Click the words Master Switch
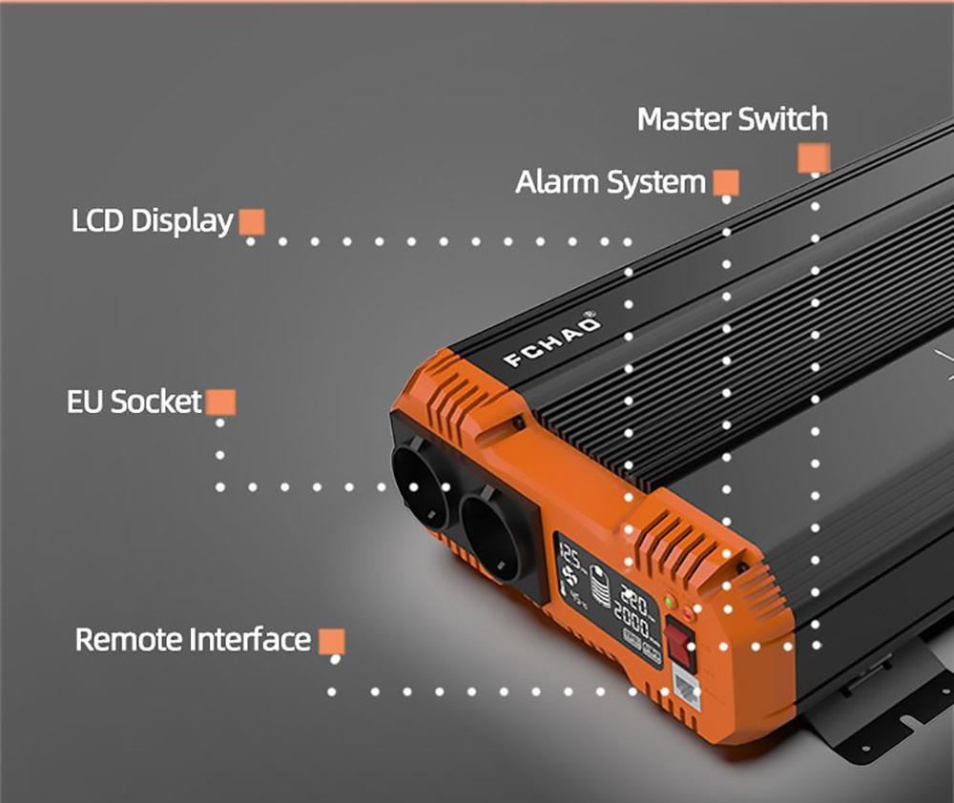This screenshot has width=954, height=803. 732,120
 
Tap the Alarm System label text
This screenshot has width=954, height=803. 611,181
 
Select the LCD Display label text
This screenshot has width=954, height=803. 152,221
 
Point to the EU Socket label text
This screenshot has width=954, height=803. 135,401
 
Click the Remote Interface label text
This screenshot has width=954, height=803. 193,639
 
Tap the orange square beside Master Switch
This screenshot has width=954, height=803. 814,157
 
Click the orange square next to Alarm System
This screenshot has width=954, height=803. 726,182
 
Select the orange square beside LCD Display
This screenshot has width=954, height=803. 252,222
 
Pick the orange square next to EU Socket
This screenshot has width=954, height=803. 220,402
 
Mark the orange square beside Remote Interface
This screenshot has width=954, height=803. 331,641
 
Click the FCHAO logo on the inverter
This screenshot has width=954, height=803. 553,340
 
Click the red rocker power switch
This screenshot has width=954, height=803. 679,641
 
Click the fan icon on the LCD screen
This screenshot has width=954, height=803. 571,577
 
